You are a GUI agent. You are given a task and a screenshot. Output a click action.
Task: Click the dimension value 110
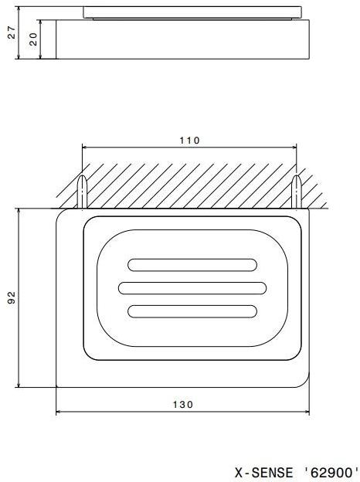(189, 141)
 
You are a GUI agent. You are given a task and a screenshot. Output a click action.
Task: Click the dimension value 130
(183, 404)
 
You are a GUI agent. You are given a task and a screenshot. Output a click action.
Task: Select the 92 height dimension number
(12, 297)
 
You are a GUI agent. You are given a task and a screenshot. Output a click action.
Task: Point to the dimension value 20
(33, 39)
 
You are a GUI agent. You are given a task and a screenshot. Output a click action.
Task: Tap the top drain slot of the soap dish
(192, 265)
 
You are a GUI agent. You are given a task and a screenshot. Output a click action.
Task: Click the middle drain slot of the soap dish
(192, 288)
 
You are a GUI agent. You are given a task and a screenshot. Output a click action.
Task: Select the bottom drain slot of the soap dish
(192, 311)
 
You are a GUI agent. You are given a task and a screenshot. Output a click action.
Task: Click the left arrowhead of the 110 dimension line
(86, 149)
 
